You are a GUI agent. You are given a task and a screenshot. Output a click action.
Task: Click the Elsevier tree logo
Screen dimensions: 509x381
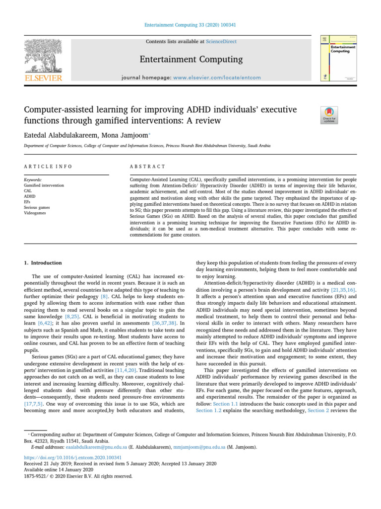pyautogui.click(x=43, y=53)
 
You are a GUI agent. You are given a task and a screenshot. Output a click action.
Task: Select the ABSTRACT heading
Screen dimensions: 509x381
pyautogui.click(x=148, y=167)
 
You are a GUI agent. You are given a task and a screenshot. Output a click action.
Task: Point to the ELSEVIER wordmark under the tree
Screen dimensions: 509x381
pyautogui.click(x=43, y=78)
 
